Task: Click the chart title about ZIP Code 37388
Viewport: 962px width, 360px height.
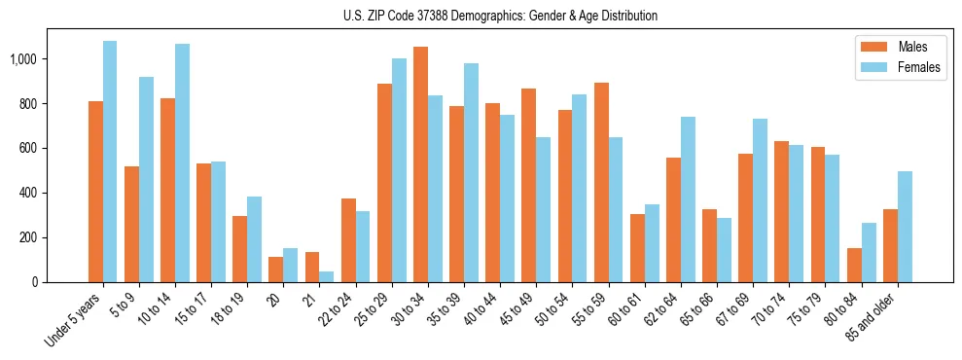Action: [x=500, y=16]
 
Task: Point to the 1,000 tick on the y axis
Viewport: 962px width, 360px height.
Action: [x=22, y=59]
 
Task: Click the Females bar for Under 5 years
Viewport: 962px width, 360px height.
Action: [x=110, y=162]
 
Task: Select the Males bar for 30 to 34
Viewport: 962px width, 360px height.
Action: [x=420, y=164]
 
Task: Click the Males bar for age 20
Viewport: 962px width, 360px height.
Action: [x=276, y=270]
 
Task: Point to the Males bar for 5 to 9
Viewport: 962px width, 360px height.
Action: [x=131, y=224]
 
